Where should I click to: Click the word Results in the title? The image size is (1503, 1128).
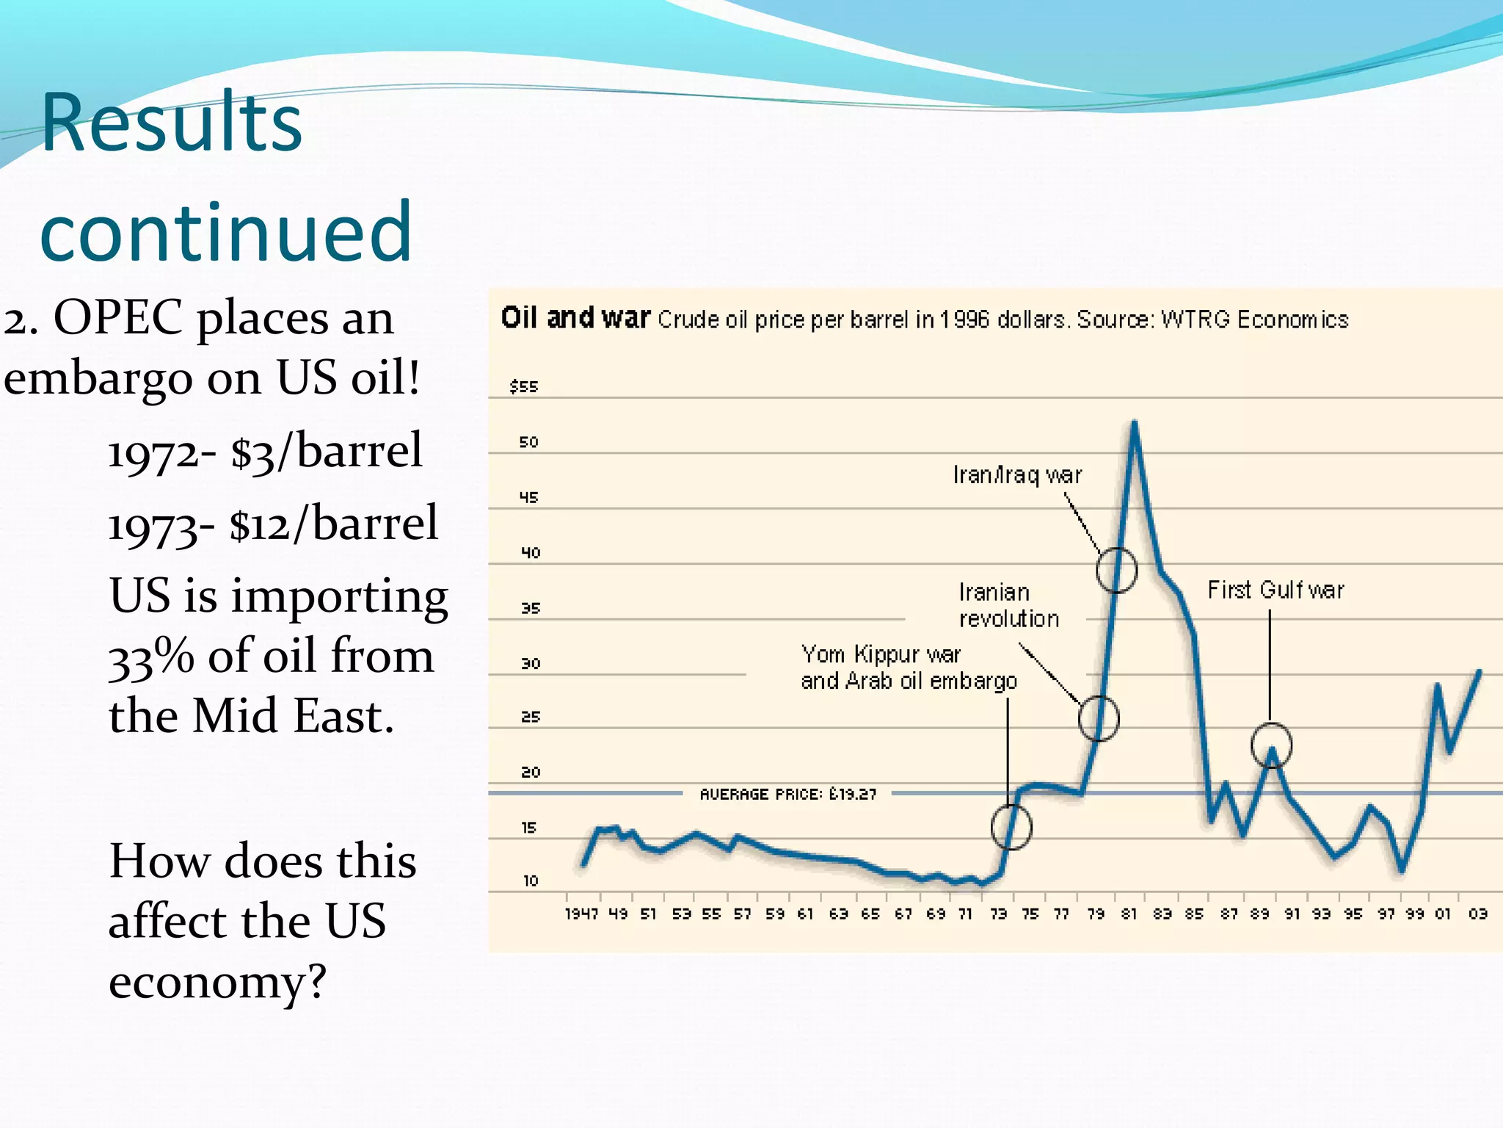[x=171, y=123]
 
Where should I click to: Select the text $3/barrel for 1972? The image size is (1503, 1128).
[x=327, y=451]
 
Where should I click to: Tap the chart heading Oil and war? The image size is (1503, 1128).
[x=575, y=318]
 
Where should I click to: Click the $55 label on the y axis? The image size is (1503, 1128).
[x=524, y=386]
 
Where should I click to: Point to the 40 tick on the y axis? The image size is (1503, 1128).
[x=530, y=552]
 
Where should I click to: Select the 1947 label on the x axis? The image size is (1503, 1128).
[x=581, y=914]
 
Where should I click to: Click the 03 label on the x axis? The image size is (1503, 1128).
[x=1477, y=914]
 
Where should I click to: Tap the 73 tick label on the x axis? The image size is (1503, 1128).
[x=998, y=914]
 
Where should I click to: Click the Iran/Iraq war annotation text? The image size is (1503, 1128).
[x=1017, y=475]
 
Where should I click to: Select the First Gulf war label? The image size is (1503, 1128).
[x=1275, y=590]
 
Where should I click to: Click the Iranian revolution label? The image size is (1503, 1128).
[x=1008, y=605]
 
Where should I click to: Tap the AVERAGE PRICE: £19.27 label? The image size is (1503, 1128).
[x=787, y=794]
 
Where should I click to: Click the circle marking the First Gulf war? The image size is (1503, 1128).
[x=1271, y=745]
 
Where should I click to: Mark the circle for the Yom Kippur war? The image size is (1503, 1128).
[x=1011, y=827]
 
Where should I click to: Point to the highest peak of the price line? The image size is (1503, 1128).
[x=1135, y=424]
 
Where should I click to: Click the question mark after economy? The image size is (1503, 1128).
[x=317, y=981]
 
